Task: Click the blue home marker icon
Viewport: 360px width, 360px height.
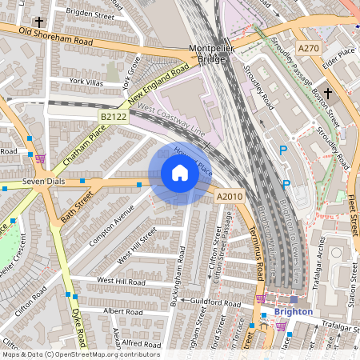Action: tap(180, 173)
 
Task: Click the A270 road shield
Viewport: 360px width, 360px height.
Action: tap(308, 49)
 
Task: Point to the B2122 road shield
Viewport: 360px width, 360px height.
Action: tap(114, 118)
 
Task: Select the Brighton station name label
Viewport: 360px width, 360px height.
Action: tap(292, 311)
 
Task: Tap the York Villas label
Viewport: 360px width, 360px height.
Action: tap(87, 82)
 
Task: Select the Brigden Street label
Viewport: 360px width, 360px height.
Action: tap(90, 14)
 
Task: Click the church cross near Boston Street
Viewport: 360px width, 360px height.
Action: tap(328, 94)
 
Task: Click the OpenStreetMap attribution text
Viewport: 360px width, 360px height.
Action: tap(81, 354)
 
